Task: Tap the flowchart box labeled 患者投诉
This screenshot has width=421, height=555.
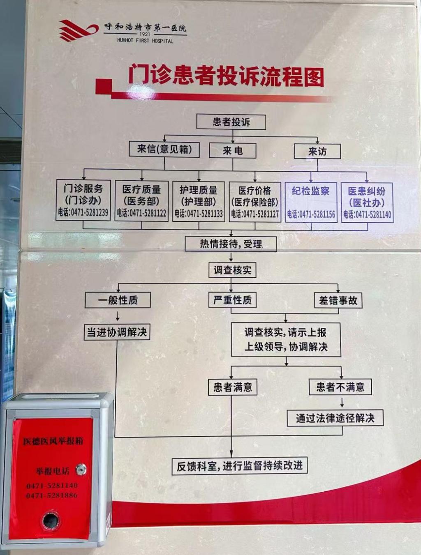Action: pyautogui.click(x=231, y=122)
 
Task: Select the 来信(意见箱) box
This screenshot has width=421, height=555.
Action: pyautogui.click(x=164, y=149)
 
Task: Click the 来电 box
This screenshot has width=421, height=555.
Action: pyautogui.click(x=233, y=151)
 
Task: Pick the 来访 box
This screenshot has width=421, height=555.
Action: pyautogui.click(x=317, y=152)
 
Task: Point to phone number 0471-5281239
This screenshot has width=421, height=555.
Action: pyautogui.click(x=83, y=212)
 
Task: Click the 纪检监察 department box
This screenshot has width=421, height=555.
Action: pyautogui.click(x=311, y=202)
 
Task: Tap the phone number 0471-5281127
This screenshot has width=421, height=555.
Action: pyautogui.click(x=254, y=214)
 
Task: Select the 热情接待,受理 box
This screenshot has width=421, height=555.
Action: pyautogui.click(x=231, y=244)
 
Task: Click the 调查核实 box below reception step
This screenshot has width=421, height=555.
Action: pyautogui.click(x=232, y=270)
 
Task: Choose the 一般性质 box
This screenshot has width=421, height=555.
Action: pyautogui.click(x=118, y=300)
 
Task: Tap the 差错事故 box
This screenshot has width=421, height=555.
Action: pyautogui.click(x=338, y=300)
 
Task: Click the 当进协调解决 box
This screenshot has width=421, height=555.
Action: pyautogui.click(x=117, y=332)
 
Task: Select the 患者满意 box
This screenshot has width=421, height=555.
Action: pyautogui.click(x=232, y=387)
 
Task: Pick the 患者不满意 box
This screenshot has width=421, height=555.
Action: pyautogui.click(x=340, y=387)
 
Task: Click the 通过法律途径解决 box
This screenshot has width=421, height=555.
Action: pyautogui.click(x=335, y=418)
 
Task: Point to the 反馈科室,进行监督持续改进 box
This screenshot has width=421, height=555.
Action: pyautogui.click(x=240, y=466)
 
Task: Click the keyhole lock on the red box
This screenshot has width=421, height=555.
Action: pyautogui.click(x=81, y=469)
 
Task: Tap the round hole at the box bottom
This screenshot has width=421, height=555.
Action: pyautogui.click(x=51, y=521)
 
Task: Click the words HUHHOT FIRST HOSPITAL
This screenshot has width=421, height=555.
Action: pyautogui.click(x=145, y=41)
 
